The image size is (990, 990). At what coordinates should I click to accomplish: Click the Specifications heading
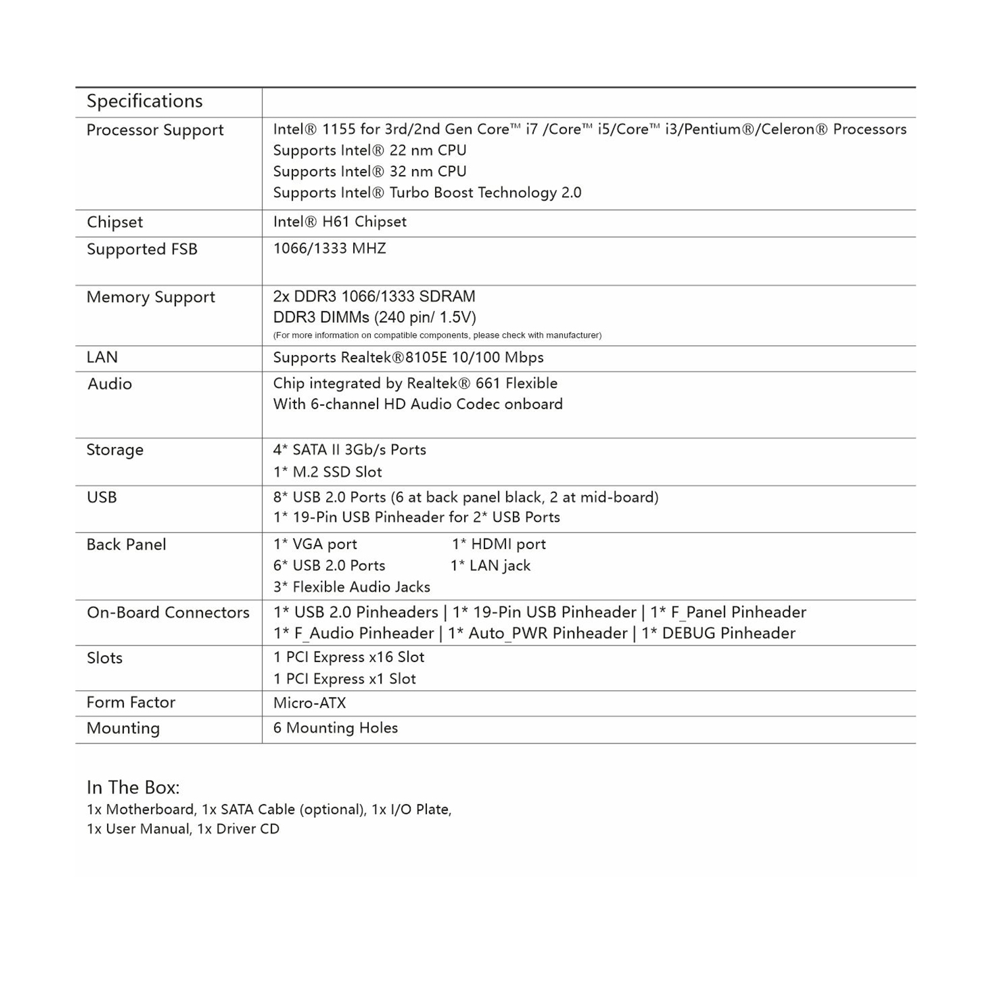tap(145, 101)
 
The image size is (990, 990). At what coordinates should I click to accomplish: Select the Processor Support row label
tap(155, 130)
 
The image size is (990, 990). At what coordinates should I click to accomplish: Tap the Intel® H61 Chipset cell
tap(339, 222)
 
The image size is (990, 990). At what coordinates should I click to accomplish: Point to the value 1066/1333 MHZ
tap(329, 249)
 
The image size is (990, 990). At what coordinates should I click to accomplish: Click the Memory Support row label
tap(150, 297)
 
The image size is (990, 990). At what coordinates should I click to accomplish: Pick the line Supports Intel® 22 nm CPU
tap(370, 150)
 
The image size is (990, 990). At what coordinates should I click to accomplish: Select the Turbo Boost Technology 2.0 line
tap(427, 193)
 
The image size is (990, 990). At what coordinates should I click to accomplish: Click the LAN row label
tap(102, 357)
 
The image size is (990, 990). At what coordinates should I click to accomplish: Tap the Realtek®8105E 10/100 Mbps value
tap(409, 358)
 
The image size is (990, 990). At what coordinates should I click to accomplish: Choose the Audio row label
tap(110, 384)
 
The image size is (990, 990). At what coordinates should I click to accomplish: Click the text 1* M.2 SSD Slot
tap(327, 472)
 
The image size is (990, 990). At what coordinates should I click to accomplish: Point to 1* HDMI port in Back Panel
tap(499, 544)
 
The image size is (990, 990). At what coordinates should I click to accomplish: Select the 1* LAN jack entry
tap(490, 566)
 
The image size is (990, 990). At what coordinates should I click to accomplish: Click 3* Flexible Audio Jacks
tap(352, 587)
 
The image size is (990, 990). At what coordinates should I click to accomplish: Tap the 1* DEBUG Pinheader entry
tap(719, 634)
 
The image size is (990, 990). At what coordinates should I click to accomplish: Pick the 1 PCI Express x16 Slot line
tap(348, 657)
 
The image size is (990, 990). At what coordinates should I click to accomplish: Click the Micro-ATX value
tap(310, 703)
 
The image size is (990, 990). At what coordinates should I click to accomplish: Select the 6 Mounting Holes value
tap(335, 728)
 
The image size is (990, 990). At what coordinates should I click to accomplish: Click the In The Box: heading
tap(133, 787)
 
